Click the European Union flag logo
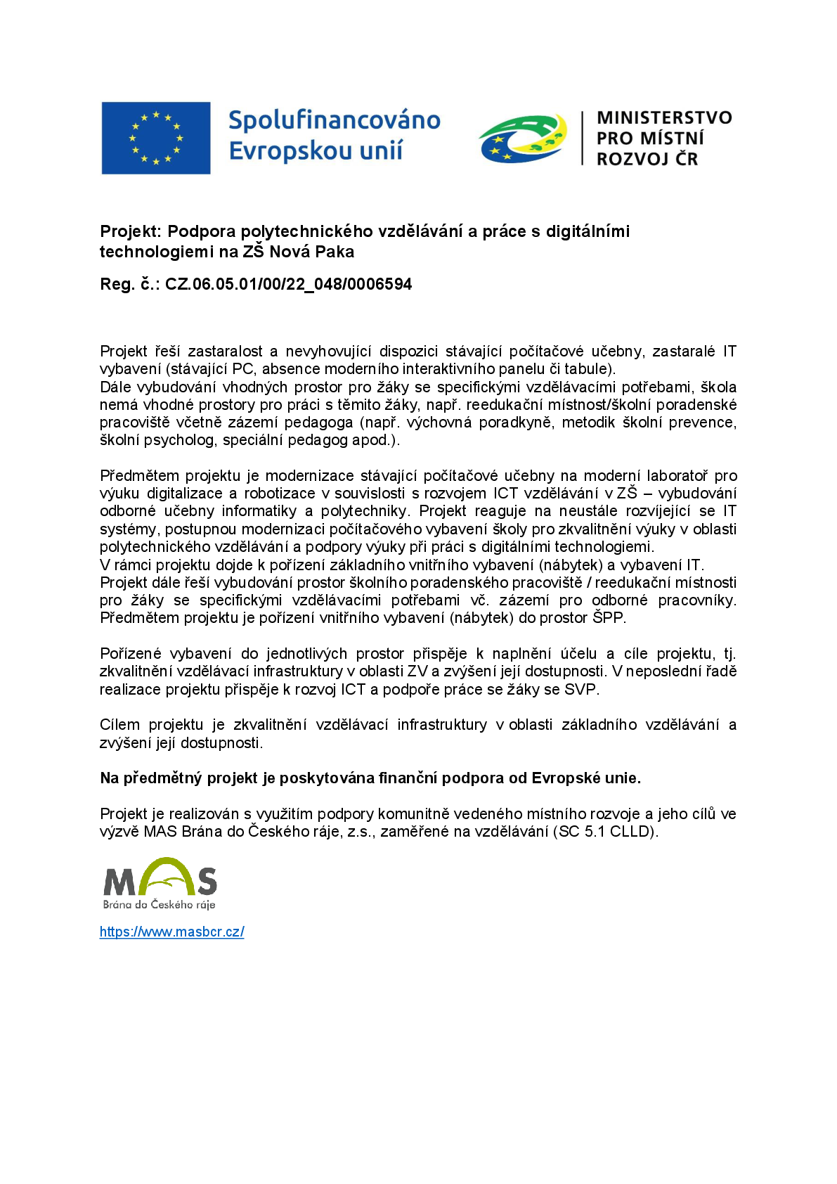pos(155,138)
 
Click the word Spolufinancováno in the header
pos(335,120)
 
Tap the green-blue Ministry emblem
pos(523,138)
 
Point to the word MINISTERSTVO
pos(664,117)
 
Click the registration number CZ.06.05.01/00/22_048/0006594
pos(288,284)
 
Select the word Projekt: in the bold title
pos(131,231)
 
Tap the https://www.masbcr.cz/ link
pos(172,932)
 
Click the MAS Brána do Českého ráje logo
pos(160,883)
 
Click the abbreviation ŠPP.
pos(609,618)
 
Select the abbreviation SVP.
pos(580,689)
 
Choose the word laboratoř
pos(677,476)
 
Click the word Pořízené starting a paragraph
pos(130,654)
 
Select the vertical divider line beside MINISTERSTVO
pos(582,138)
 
